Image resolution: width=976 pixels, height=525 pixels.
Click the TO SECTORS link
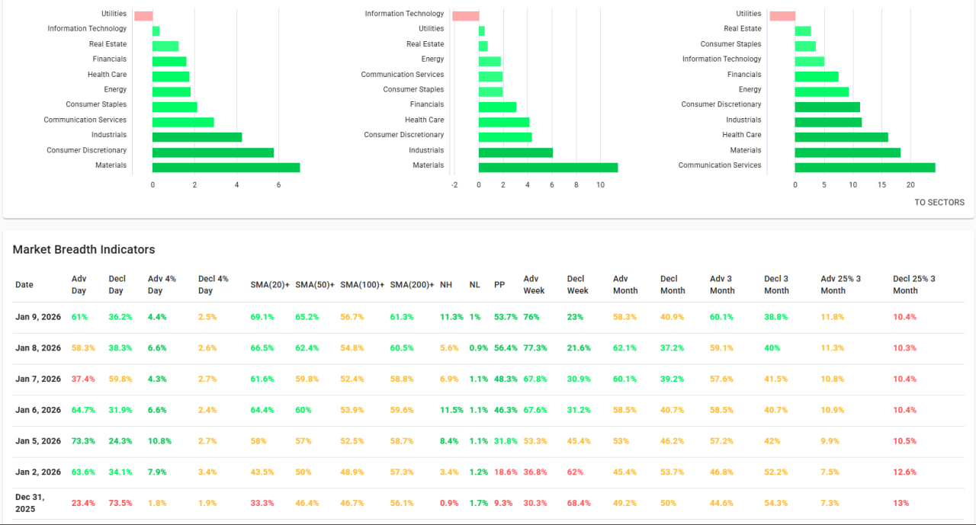click(x=939, y=203)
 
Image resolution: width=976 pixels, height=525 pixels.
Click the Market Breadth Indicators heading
click(x=84, y=250)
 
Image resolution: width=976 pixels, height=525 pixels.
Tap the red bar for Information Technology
click(x=465, y=16)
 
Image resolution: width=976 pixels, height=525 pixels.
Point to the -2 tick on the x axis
click(x=454, y=185)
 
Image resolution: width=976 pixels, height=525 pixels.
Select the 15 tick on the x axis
click(x=882, y=185)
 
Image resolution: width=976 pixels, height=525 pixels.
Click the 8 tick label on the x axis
click(x=576, y=185)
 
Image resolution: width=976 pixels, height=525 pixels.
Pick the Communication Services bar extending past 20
click(x=865, y=168)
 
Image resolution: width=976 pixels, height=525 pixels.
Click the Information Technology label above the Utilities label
click(x=404, y=14)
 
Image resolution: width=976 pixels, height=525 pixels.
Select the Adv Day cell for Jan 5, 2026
click(x=83, y=441)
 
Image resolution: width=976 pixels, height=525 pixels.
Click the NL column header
click(x=474, y=285)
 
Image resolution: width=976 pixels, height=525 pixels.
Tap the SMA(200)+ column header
click(x=412, y=285)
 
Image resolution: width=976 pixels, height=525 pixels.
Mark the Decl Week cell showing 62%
click(x=575, y=472)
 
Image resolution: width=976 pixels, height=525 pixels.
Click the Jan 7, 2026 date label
click(x=38, y=379)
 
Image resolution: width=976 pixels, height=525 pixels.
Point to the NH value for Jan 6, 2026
click(x=451, y=411)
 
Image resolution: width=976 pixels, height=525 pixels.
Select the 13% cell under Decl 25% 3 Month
click(x=901, y=503)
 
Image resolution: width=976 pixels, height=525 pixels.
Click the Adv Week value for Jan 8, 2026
click(x=535, y=348)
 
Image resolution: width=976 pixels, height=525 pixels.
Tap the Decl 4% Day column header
click(x=213, y=285)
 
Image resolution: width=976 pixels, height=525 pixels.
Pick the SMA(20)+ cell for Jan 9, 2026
click(x=262, y=317)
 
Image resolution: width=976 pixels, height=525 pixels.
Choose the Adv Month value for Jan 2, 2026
click(x=624, y=472)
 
